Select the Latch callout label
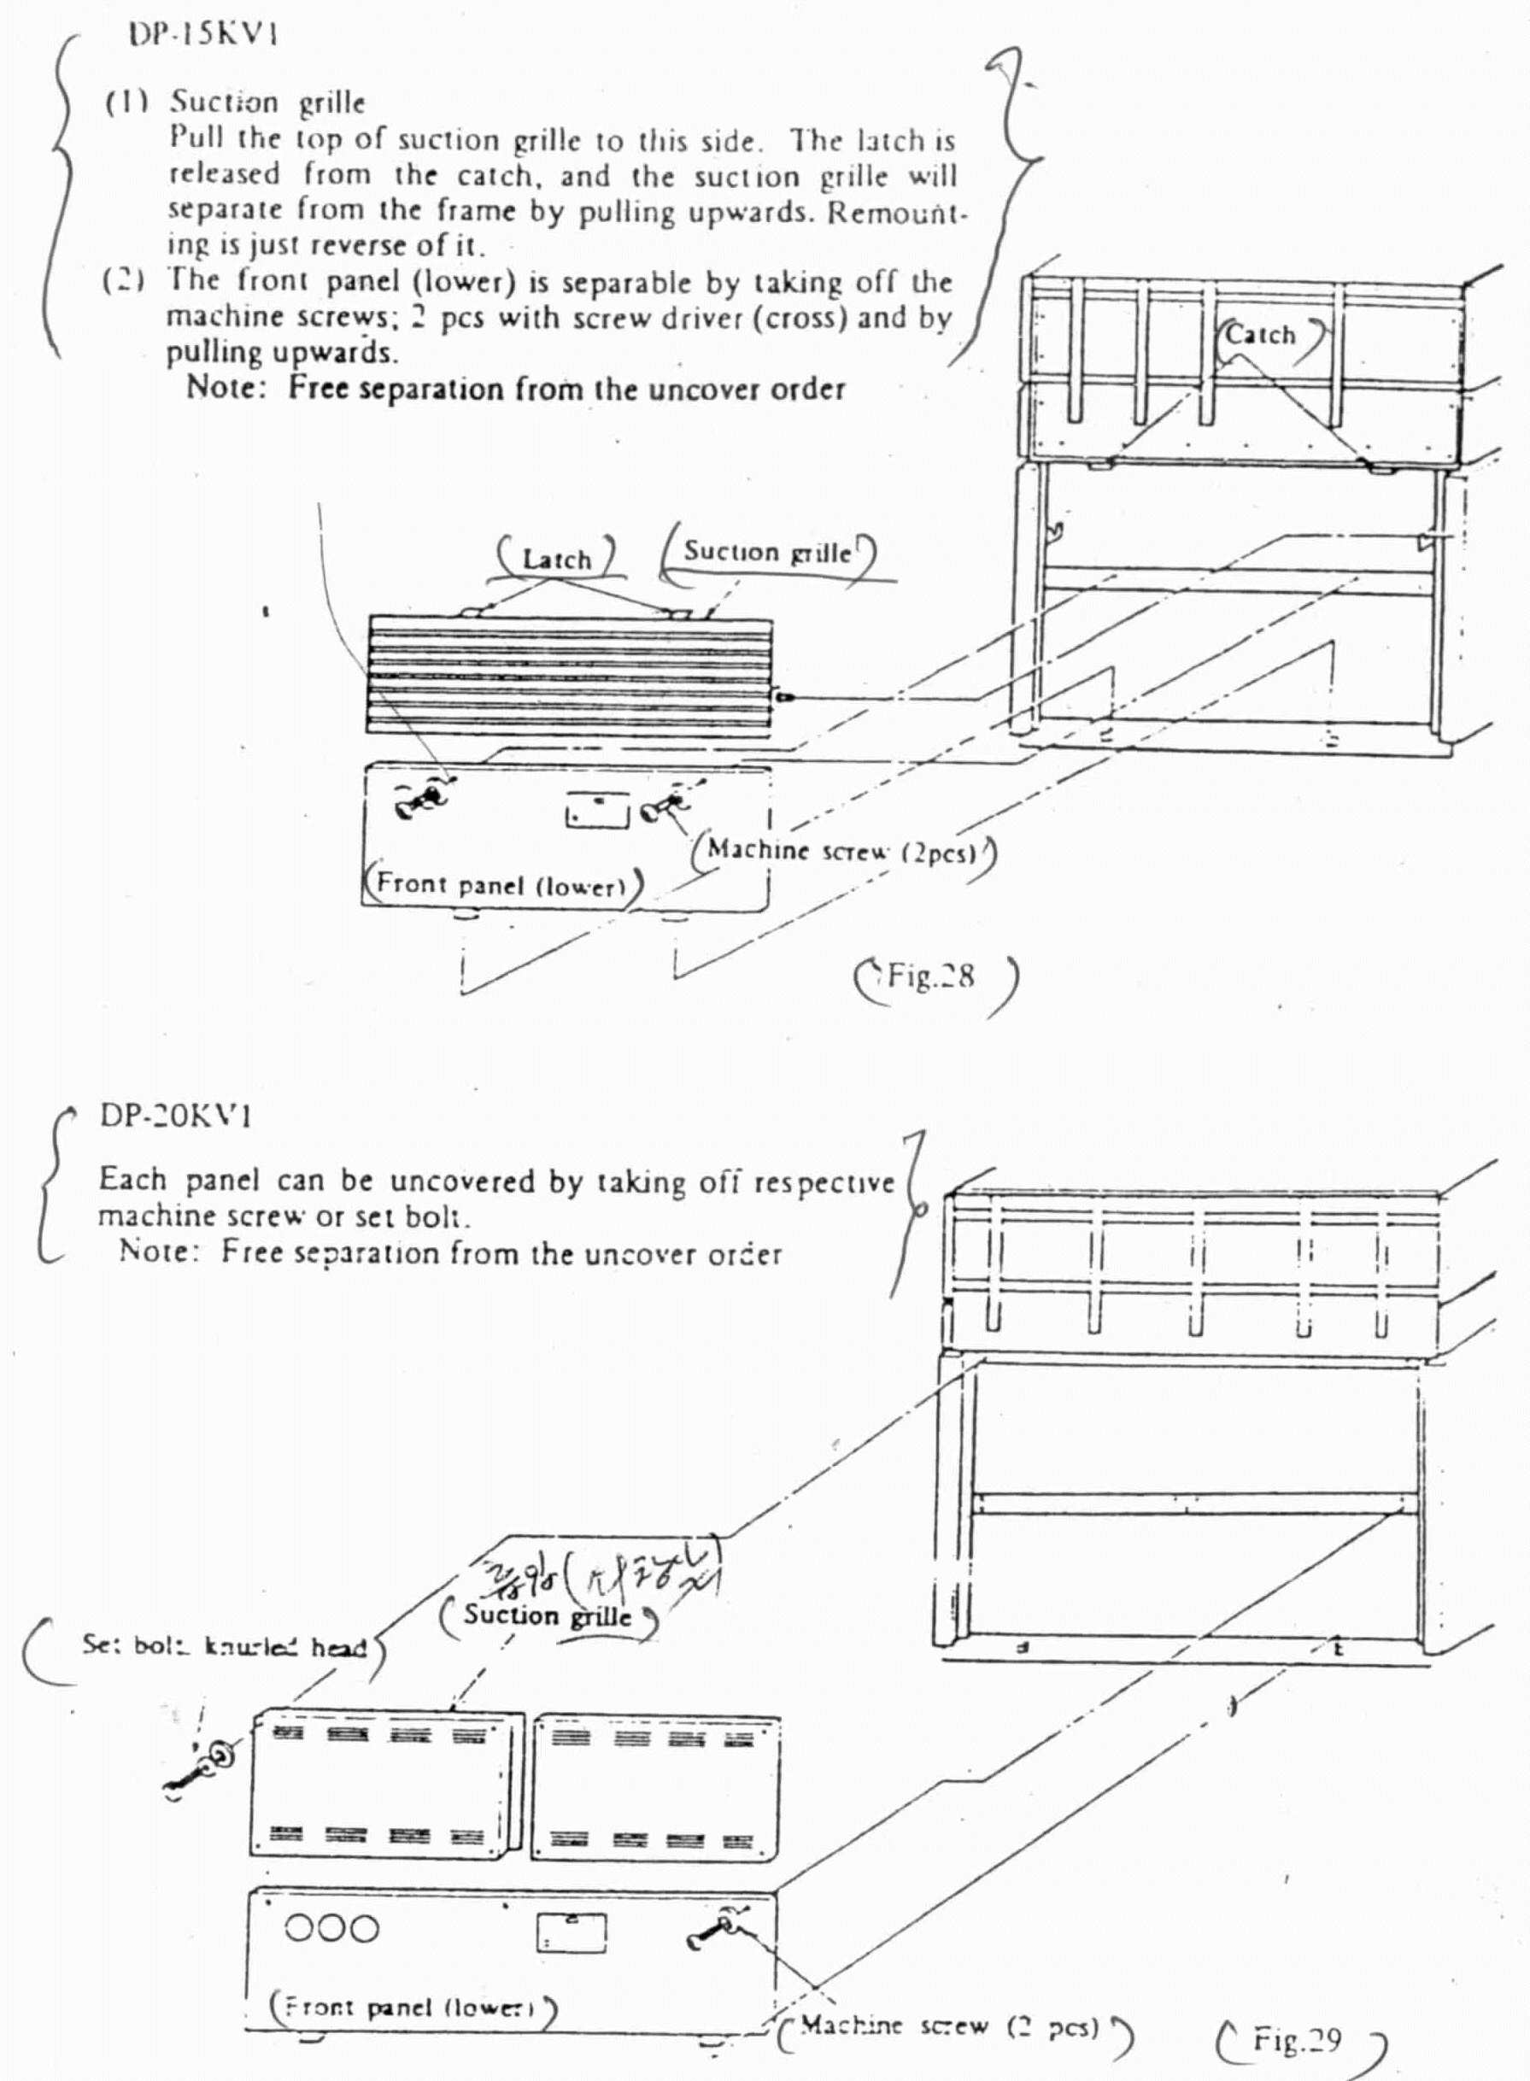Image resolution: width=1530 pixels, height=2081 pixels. coord(557,560)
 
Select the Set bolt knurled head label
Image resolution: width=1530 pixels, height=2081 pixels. coord(224,1647)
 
